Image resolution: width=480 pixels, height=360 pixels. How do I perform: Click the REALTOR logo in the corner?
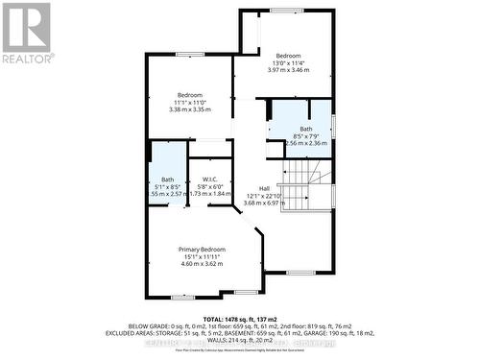[x=26, y=34]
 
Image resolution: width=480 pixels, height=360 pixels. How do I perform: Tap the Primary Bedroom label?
[x=201, y=249]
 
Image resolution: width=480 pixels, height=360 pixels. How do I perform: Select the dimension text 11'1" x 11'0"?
[x=188, y=102]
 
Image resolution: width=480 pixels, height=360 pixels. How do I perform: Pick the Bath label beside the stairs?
[x=305, y=129]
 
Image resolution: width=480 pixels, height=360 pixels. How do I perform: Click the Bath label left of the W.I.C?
[x=167, y=179]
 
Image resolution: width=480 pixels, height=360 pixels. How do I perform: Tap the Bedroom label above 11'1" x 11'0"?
[x=188, y=94]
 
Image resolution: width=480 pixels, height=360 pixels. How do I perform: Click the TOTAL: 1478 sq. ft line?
[x=240, y=317]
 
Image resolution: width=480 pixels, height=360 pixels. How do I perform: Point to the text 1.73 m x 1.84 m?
[x=211, y=194]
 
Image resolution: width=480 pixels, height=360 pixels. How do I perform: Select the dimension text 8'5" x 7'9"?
[x=305, y=136]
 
